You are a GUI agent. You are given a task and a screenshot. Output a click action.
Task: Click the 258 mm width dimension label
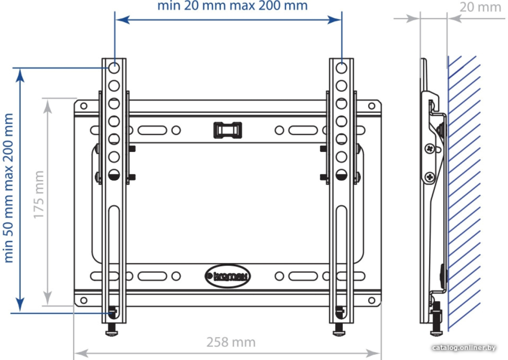231,342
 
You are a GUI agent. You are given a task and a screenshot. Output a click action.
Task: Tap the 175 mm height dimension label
38,195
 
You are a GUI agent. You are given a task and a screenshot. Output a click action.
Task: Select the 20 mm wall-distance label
480,7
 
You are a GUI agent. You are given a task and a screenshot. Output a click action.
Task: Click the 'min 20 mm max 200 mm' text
232,6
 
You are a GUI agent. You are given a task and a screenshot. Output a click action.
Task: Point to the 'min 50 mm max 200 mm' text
8,188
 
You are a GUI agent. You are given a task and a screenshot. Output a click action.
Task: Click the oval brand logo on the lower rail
228,276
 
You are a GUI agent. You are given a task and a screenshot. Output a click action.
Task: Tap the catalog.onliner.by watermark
464,348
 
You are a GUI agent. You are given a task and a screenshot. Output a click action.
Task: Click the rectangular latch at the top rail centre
227,130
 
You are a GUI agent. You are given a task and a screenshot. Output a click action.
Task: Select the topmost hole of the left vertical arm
114,68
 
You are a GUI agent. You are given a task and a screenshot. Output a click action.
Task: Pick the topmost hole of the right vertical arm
341,68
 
